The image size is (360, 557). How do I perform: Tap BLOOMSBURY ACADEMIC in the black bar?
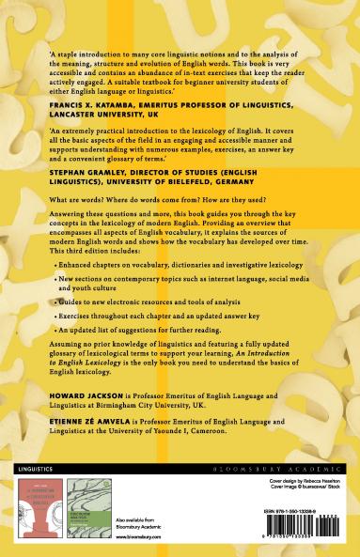[x=293, y=467]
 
